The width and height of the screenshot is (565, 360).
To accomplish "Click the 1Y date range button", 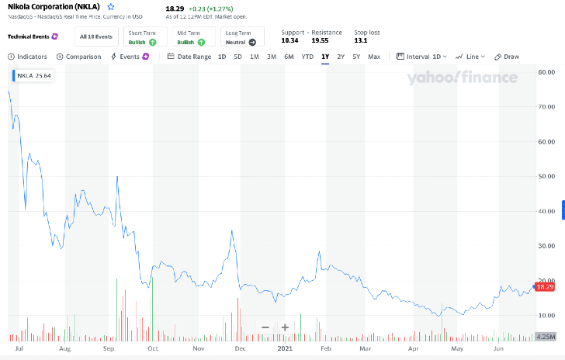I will pos(325,57).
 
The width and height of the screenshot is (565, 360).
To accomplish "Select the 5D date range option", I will pos(237,57).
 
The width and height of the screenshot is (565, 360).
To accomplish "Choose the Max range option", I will pos(374,57).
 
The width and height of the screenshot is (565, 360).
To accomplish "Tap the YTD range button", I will pos(307,57).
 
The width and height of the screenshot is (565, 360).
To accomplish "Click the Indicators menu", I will pos(28,57).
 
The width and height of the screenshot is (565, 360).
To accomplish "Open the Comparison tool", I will pos(79,57).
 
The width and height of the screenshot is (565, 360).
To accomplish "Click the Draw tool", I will pos(507,57).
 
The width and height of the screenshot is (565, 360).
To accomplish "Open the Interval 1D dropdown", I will pos(422,57).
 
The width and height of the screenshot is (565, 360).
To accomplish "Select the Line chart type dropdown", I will pos(470,57).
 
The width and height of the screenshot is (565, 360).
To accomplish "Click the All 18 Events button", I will pos(96,36).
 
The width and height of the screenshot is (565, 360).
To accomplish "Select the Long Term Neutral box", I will pos(242,36).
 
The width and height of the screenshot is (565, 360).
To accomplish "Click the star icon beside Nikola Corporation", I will pos(111,7).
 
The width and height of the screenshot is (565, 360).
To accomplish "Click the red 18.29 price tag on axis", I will pos(545,287).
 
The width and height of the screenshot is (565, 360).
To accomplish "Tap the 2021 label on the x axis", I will pos(285,349).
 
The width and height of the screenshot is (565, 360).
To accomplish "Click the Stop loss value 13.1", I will pos(361,40).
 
